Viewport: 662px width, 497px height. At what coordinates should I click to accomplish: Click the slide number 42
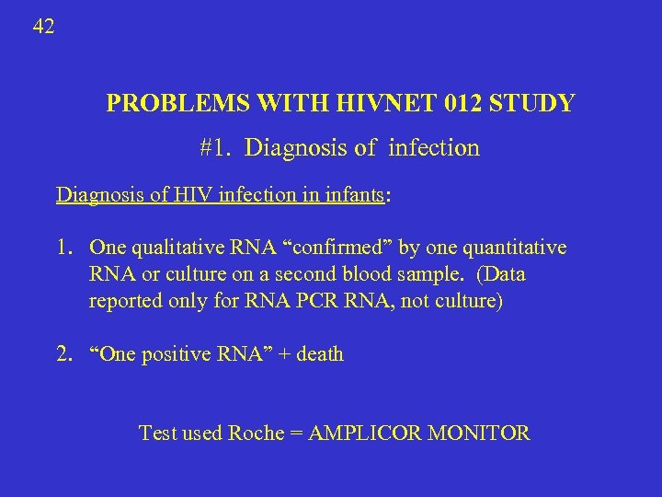[43, 27]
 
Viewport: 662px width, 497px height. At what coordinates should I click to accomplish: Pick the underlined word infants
[352, 195]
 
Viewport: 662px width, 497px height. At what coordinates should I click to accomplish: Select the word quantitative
[517, 248]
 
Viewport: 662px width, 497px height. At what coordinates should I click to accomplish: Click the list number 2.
[63, 354]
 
